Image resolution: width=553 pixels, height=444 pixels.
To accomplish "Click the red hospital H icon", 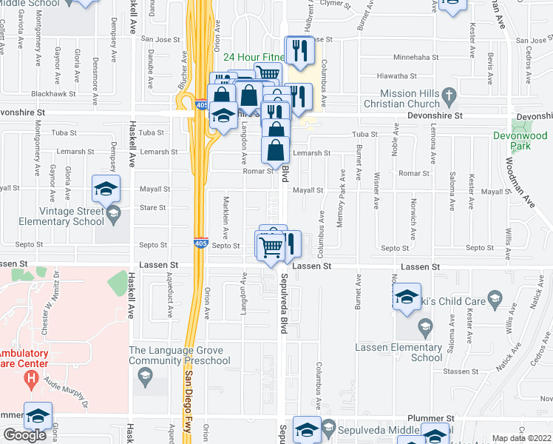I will tap(30, 380).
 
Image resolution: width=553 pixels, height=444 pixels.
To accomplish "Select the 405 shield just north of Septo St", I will tap(200, 242).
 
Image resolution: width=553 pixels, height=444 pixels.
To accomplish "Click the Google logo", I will tap(24, 435).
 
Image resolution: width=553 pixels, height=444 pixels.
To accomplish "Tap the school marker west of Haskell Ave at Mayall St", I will tap(105, 189).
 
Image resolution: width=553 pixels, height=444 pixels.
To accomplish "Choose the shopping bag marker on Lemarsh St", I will tap(275, 150).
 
